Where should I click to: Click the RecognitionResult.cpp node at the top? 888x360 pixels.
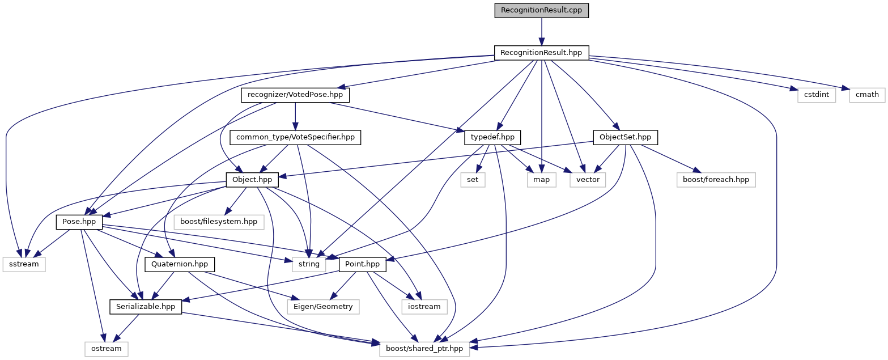[x=541, y=10]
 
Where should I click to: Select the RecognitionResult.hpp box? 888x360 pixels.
[x=541, y=53]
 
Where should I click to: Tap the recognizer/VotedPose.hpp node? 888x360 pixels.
[x=295, y=95]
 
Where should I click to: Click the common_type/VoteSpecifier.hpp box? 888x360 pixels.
[x=295, y=137]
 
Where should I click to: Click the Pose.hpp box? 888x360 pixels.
[x=78, y=222]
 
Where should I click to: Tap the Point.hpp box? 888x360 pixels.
[x=362, y=264]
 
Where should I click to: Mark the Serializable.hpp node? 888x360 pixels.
[x=146, y=306]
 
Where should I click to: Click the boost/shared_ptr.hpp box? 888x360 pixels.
[x=425, y=349]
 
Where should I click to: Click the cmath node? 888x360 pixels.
[x=867, y=95]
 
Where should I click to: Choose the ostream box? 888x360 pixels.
[x=106, y=349]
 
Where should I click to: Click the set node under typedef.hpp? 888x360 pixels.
[x=473, y=180]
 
